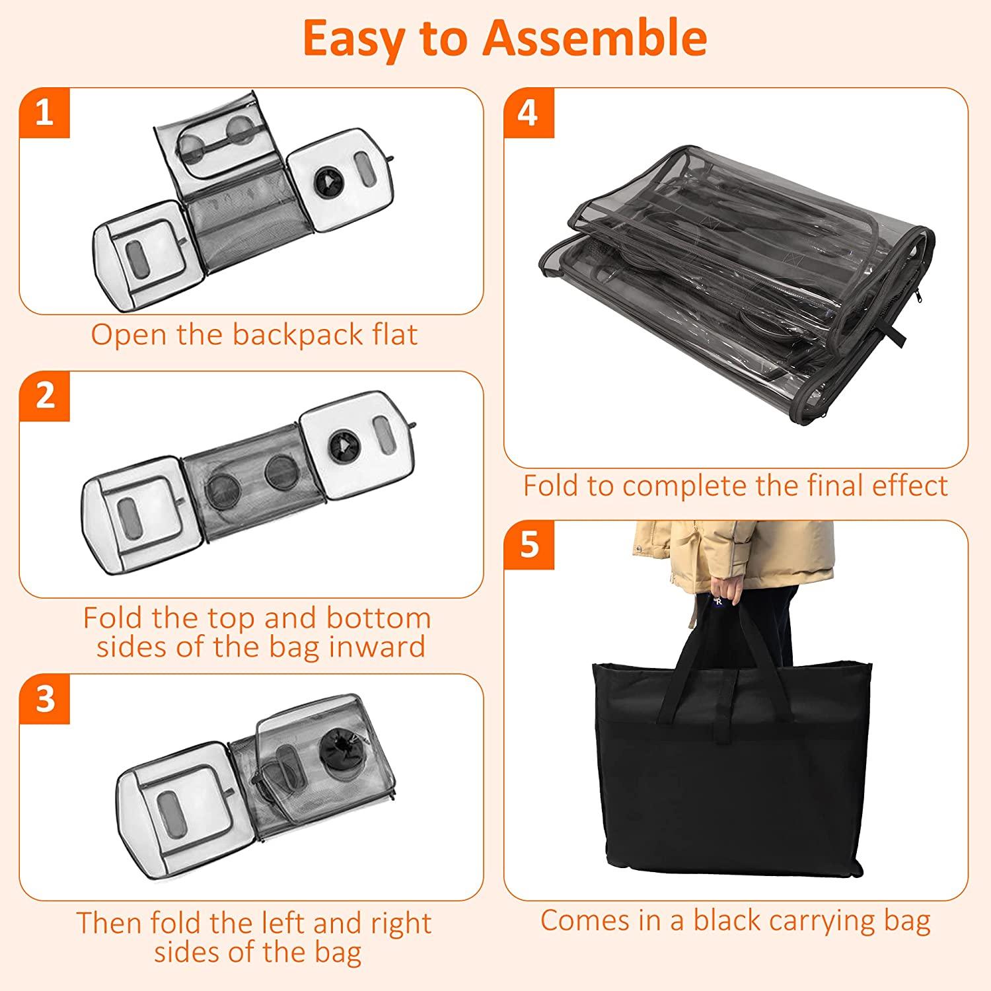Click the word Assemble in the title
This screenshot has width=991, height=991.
(x=595, y=38)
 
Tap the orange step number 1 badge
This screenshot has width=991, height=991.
(x=44, y=113)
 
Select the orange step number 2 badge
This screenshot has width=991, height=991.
(x=44, y=396)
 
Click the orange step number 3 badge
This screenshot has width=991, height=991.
(x=44, y=698)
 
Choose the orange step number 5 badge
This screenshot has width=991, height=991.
(x=529, y=546)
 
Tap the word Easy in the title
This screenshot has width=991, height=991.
(x=353, y=38)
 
